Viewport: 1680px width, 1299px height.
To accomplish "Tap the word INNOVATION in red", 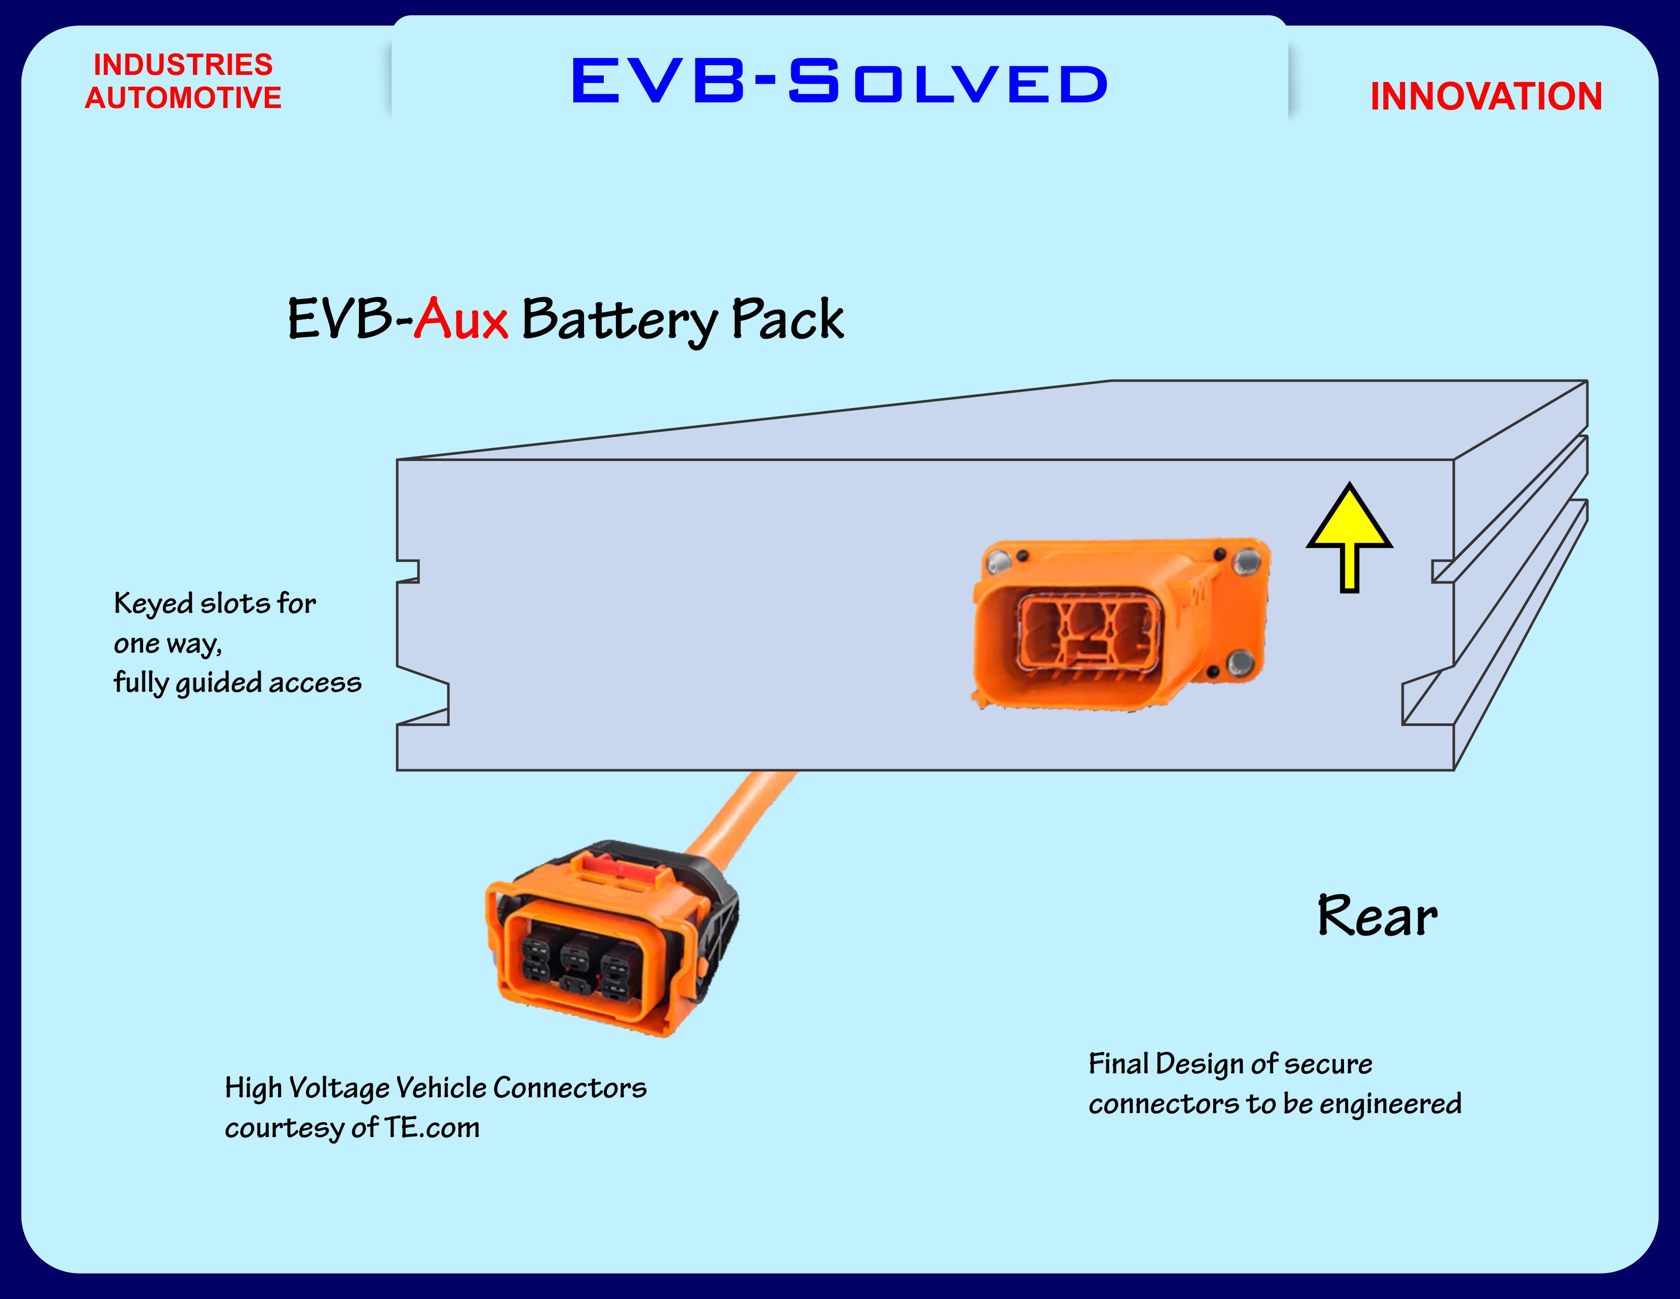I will point(1486,97).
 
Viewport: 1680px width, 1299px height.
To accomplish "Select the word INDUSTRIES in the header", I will point(183,65).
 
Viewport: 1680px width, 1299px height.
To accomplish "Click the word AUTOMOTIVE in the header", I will point(183,98).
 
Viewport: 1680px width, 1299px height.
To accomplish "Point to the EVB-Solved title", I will point(839,81).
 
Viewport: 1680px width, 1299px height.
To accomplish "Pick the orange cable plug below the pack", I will point(608,943).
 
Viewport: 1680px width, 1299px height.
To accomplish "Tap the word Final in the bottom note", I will point(1117,1064).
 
